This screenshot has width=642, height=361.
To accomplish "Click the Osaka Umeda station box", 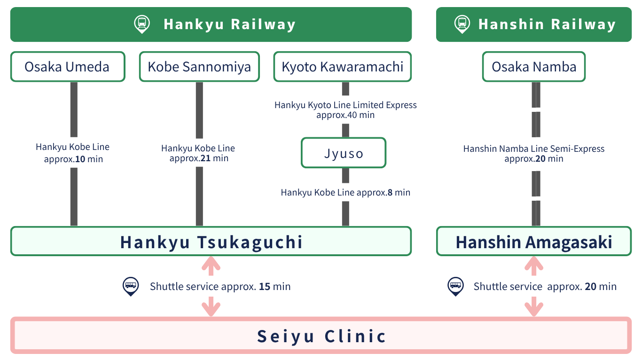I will coord(68,67).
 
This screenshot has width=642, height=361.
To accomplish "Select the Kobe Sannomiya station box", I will coord(199,67).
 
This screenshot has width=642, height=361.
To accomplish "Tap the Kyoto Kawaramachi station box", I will coord(343,67).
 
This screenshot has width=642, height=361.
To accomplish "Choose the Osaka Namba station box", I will coord(534,67).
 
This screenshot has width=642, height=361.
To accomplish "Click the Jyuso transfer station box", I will coord(344,153).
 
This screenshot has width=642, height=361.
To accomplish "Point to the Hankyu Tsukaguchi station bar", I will coord(211,242).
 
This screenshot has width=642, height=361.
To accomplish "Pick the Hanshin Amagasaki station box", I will coord(534,242).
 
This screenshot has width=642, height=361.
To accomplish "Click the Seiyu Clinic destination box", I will coord(321,336).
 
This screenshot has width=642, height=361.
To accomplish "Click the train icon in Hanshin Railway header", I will coord(462,24).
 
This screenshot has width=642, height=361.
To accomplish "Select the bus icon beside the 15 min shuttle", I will coord(131,285).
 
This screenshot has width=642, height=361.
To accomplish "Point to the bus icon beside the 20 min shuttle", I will coord(455,285).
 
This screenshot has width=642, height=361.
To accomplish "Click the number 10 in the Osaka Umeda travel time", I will coord(80,159).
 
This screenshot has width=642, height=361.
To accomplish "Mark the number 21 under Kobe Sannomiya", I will coord(205,158).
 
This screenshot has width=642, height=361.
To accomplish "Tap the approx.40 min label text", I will coord(345,115).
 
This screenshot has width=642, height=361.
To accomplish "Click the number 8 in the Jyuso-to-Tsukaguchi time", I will coord(390,192).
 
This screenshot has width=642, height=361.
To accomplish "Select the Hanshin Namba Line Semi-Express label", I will coord(534,149).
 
